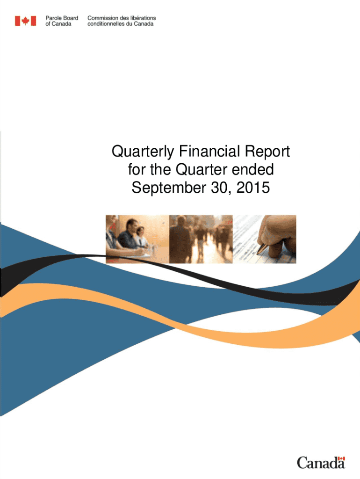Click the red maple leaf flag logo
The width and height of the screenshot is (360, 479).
[26, 21]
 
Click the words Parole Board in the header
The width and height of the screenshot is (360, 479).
[62, 18]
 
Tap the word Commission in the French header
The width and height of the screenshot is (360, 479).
[102, 18]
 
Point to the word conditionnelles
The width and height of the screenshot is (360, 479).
[106, 24]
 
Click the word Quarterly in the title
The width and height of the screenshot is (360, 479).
[143, 152]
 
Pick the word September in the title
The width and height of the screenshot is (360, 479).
[169, 188]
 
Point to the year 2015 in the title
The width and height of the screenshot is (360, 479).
[253, 187]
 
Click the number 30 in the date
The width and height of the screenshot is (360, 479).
[220, 188]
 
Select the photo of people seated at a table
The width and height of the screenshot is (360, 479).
[137, 239]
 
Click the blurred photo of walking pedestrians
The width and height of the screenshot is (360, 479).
[201, 239]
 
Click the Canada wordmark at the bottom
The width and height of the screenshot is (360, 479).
[321, 463]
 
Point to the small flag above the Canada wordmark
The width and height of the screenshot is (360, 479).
[342, 458]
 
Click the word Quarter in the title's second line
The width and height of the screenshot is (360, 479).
[202, 169]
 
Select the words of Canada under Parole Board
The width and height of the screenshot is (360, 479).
[58, 24]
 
